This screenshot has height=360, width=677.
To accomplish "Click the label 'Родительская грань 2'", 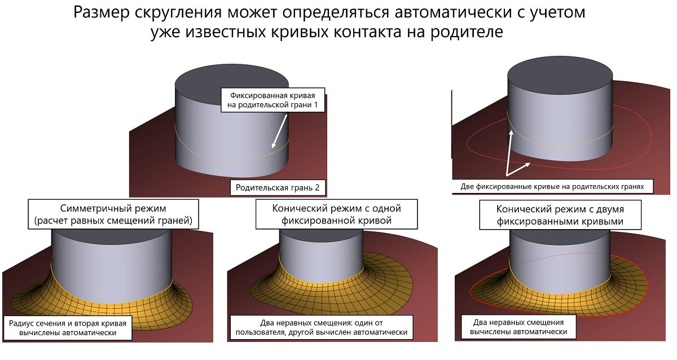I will (278, 187).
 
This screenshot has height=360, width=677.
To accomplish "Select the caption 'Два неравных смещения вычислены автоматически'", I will (520, 327).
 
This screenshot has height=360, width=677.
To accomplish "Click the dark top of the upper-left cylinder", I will (232, 81).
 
